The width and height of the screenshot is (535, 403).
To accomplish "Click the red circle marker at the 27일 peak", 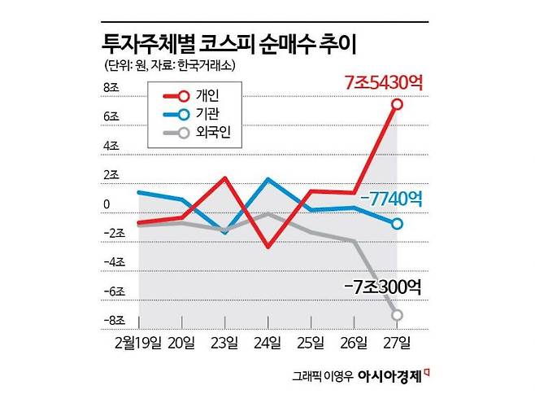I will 397,104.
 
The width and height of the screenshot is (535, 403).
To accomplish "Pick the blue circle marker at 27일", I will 397,224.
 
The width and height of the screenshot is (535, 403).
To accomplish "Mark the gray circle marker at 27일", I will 397,315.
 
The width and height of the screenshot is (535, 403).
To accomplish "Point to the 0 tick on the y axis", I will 107,204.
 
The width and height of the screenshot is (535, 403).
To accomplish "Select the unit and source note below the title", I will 176,65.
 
